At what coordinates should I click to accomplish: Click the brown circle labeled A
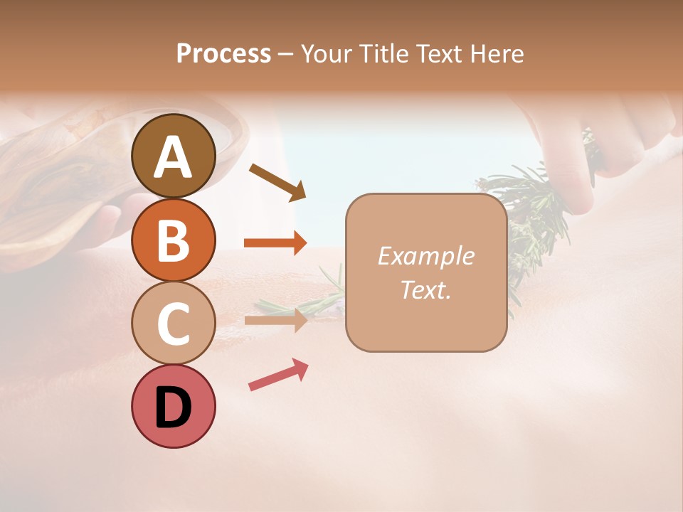[x=174, y=156]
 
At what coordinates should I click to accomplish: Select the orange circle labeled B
[x=174, y=240]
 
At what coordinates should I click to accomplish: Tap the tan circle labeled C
[x=174, y=323]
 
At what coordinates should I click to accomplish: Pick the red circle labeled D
[x=174, y=406]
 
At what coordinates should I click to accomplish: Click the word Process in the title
[x=223, y=53]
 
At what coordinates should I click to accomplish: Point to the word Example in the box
[x=425, y=256]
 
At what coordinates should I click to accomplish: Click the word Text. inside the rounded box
[x=425, y=289]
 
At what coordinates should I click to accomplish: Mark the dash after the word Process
[x=285, y=54]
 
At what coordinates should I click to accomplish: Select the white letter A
[x=174, y=158]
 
